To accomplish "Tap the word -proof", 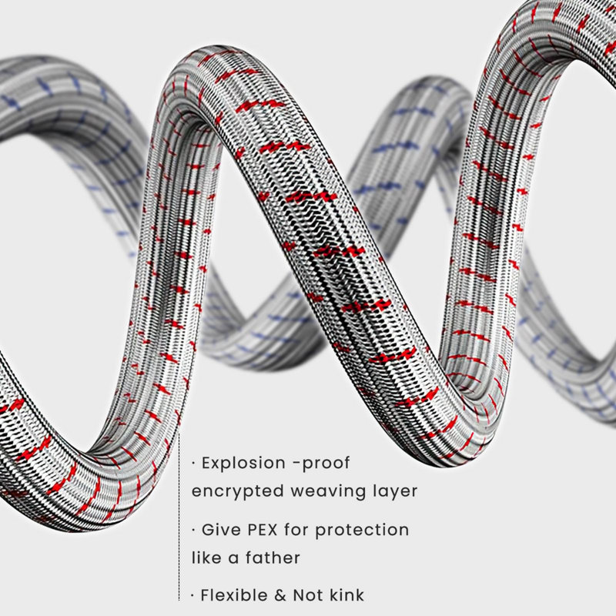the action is [321, 464].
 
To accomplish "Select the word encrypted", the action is [237, 492].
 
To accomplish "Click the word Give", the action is [220, 530].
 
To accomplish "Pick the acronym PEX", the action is [262, 530].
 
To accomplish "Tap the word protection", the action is [362, 531].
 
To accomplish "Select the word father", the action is [273, 557].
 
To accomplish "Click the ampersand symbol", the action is [280, 595].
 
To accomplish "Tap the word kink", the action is [346, 595].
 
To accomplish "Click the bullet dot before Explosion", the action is [193, 464].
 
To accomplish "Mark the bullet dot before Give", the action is [193, 531].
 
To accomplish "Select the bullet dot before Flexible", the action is [193, 595].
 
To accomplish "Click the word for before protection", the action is [296, 530].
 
